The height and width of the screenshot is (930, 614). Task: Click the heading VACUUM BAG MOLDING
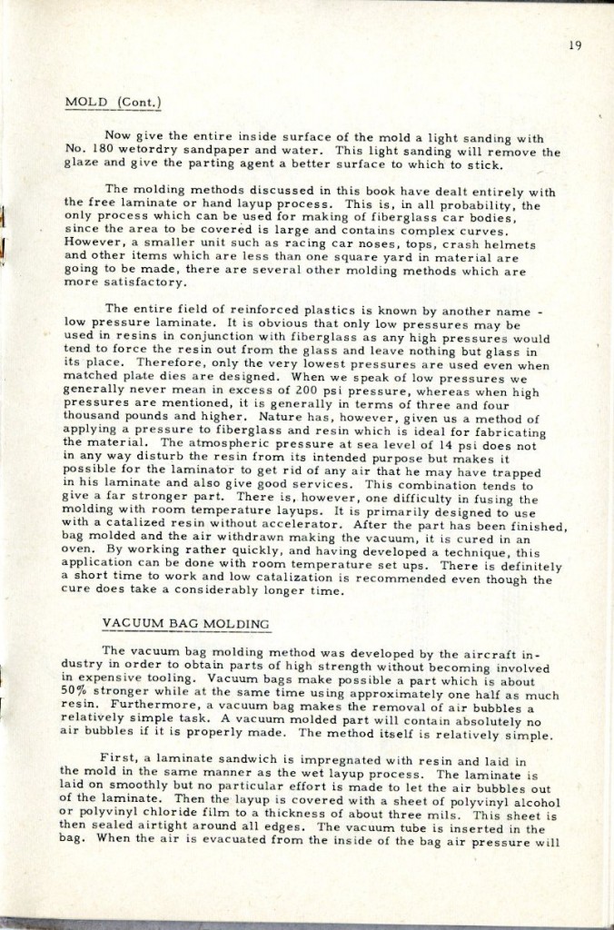pyautogui.click(x=187, y=624)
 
